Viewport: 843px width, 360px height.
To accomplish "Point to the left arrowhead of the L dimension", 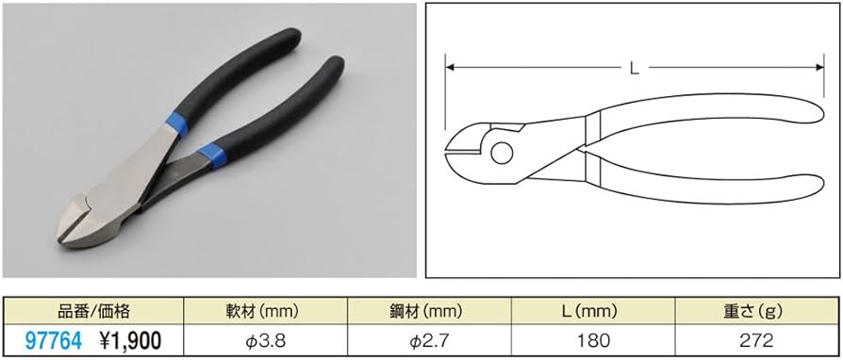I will [451, 67].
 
